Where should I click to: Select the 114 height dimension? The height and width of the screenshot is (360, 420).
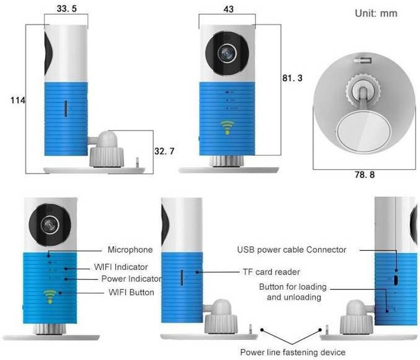click(x=18, y=100)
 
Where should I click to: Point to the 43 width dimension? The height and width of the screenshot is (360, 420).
click(x=228, y=10)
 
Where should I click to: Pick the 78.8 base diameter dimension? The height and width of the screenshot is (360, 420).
click(x=364, y=175)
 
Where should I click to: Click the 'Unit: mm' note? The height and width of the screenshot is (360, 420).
click(x=376, y=13)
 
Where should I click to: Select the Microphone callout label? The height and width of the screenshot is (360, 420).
click(x=130, y=250)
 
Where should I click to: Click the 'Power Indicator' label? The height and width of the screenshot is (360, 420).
click(x=132, y=278)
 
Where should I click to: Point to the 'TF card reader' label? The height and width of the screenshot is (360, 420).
click(x=272, y=272)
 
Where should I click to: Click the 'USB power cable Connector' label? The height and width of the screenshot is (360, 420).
click(x=292, y=250)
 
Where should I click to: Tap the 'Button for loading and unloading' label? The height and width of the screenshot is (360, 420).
click(x=293, y=292)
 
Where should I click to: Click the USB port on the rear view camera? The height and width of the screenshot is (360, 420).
click(x=396, y=278)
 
